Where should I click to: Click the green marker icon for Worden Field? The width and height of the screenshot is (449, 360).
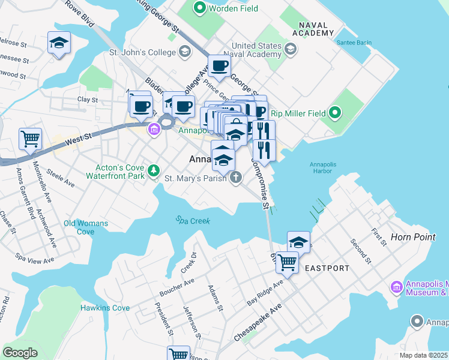(x=199, y=8)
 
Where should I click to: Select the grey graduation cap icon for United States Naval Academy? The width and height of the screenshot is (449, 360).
(x=291, y=49)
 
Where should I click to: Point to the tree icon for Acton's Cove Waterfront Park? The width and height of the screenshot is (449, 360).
(x=155, y=170)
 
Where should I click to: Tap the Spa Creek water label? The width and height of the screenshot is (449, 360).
(x=193, y=221)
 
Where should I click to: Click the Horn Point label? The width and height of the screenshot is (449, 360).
(x=412, y=237)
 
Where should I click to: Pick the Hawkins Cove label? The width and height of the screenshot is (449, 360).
(x=105, y=308)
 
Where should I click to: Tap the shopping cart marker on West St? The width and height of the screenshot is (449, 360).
(x=30, y=139)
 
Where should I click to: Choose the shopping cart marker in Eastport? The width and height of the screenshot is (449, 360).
(x=287, y=262)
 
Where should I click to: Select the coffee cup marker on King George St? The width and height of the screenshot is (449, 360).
(x=219, y=66)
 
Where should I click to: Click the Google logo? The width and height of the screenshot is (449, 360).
(x=20, y=352)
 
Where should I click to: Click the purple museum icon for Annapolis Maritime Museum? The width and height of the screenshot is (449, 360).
(x=396, y=287)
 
